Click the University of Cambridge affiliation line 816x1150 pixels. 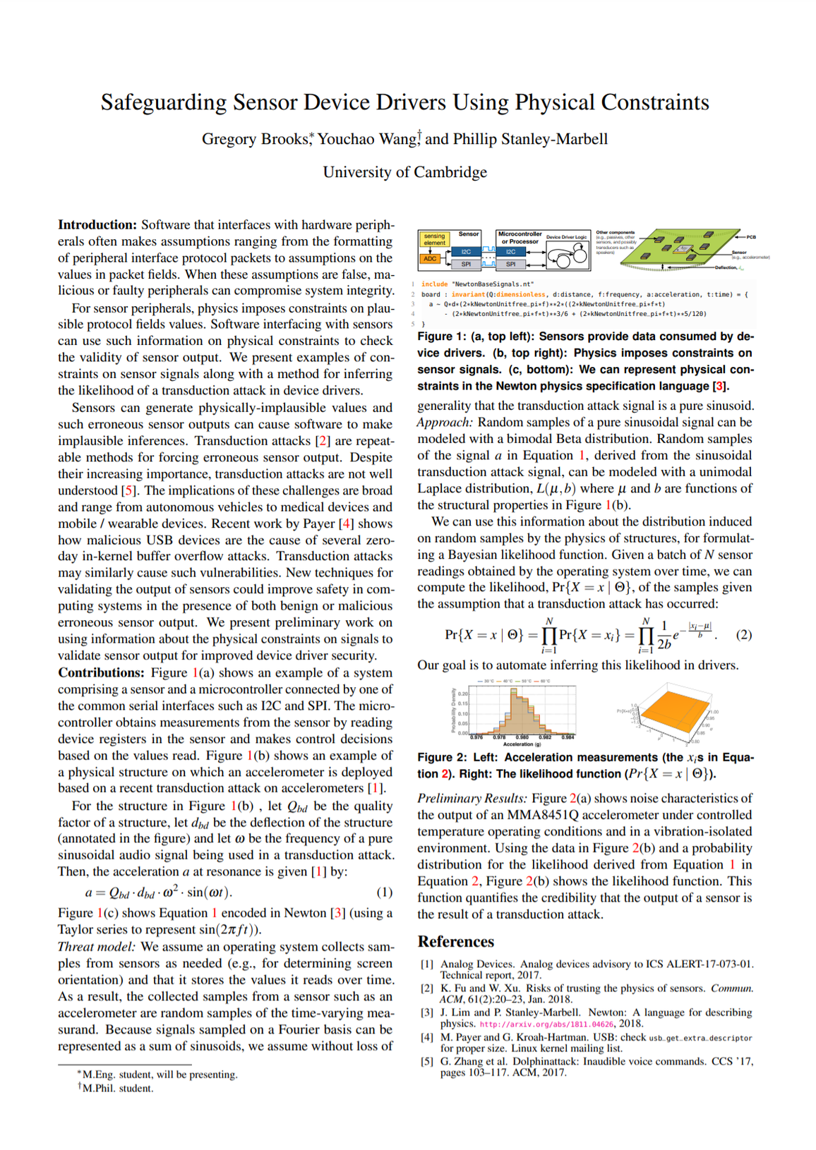(404, 172)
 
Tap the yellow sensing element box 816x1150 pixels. (434, 239)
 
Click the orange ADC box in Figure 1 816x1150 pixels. (430, 259)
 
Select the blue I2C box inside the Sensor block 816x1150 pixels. (466, 251)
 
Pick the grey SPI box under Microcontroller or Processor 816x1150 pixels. (510, 265)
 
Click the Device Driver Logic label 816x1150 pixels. (566, 237)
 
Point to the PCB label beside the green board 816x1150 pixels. (751, 237)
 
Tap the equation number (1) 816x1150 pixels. (384, 892)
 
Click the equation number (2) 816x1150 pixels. (743, 635)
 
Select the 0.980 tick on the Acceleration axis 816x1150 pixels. (522, 737)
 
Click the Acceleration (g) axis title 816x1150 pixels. (522, 744)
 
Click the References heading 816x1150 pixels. (455, 942)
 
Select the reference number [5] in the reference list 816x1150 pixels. (426, 1062)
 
